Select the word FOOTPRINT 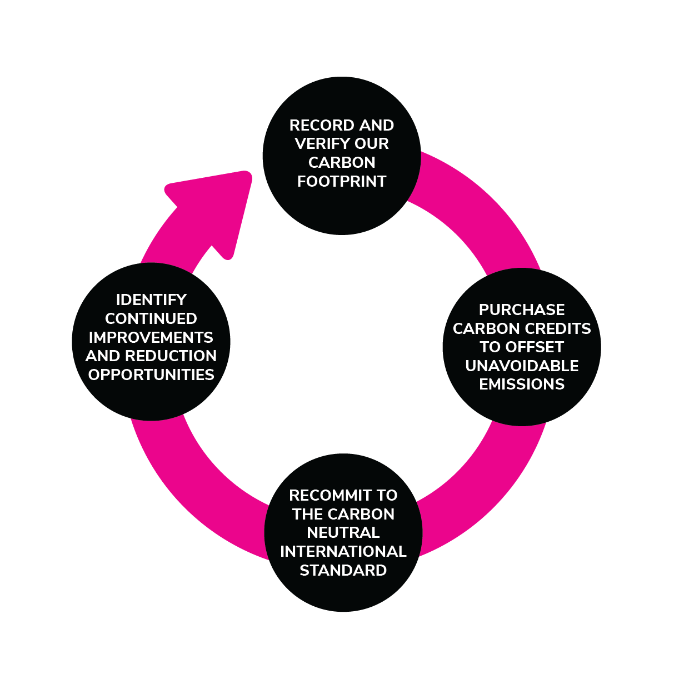(342, 182)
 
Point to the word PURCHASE (522, 309)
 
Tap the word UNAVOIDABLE (522, 366)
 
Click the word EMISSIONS (522, 385)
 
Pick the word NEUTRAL (343, 533)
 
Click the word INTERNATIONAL (343, 552)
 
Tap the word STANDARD (343, 571)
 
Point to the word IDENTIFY (151, 300)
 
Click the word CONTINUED (151, 319)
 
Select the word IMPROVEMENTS (151, 338)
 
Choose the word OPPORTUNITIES (151, 375)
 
